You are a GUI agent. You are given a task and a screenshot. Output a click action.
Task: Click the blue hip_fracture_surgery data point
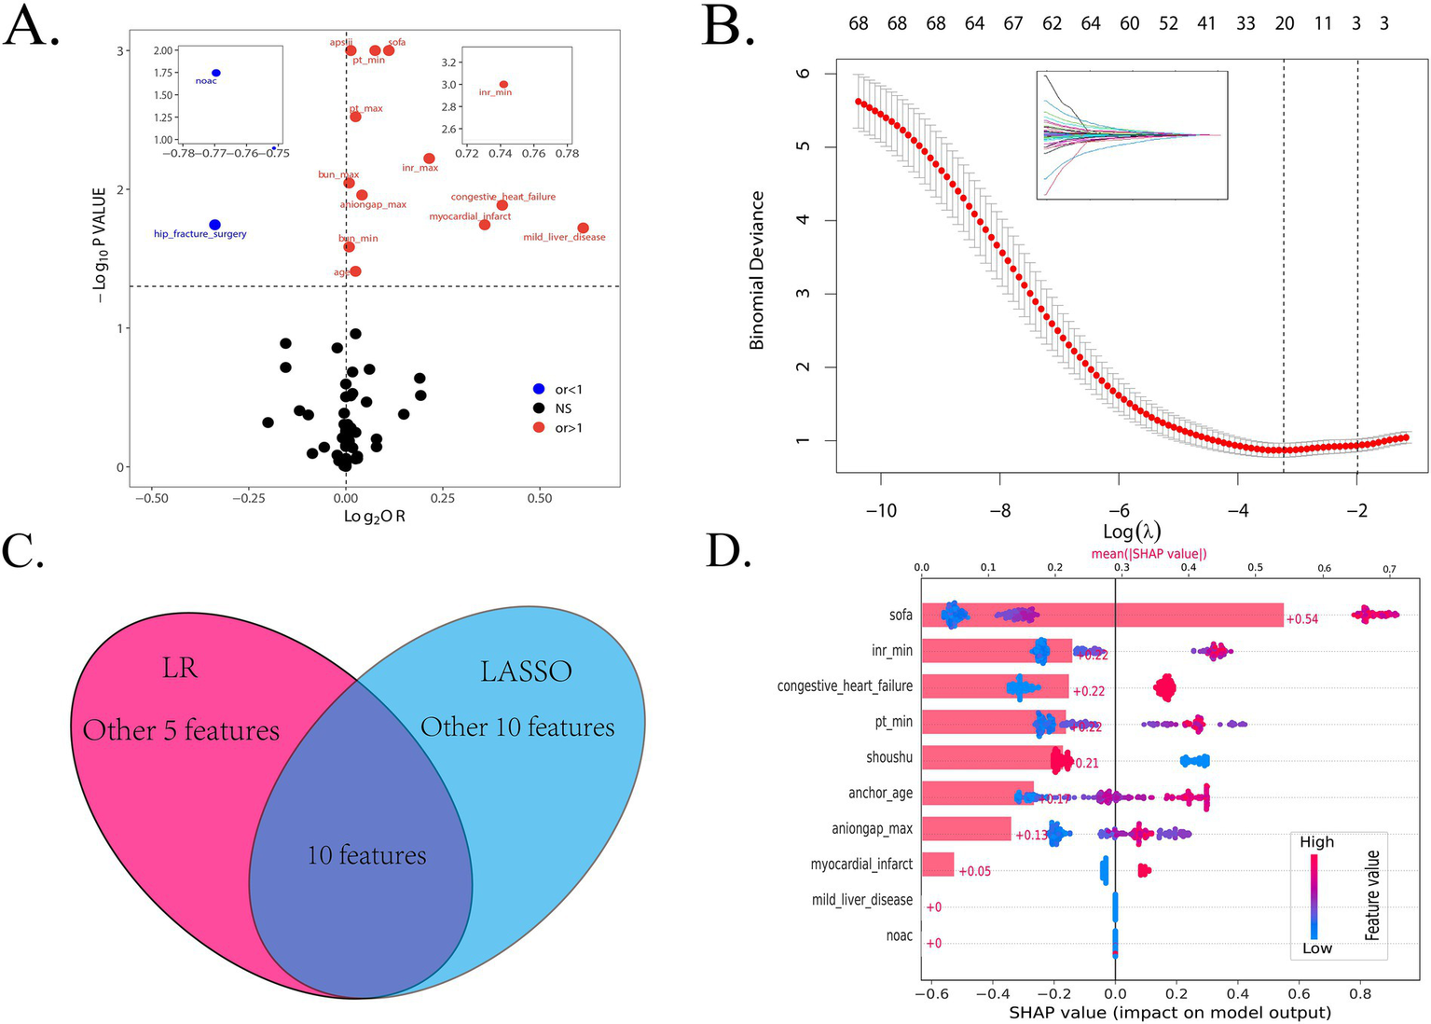214,225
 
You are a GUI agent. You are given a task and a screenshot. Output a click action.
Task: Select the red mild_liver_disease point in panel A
583,228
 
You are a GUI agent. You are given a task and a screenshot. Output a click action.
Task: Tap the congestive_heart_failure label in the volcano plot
502,197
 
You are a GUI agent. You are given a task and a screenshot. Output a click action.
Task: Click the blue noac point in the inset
216,73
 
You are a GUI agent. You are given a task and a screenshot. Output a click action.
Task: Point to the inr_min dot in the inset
503,85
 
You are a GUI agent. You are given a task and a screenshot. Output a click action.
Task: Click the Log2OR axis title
374,516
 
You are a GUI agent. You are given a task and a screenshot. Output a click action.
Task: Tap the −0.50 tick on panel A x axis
152,498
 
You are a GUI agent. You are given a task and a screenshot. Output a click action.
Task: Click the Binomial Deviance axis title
757,270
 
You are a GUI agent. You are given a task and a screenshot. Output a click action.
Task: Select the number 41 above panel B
1206,23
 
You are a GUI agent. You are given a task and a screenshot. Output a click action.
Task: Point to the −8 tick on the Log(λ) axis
999,511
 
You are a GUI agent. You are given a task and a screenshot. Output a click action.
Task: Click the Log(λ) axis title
1131,532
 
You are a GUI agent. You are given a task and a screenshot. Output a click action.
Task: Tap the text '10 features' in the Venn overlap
366,854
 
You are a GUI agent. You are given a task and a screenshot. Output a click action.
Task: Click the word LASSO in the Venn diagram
526,671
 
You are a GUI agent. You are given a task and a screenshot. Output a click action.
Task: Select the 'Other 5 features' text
181,730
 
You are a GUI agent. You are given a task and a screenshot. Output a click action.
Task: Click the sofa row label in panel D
901,615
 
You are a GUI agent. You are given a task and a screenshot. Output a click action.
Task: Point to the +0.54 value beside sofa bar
1301,618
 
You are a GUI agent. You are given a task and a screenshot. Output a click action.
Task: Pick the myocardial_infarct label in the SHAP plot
861,865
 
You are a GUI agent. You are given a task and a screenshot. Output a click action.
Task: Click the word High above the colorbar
1316,842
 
